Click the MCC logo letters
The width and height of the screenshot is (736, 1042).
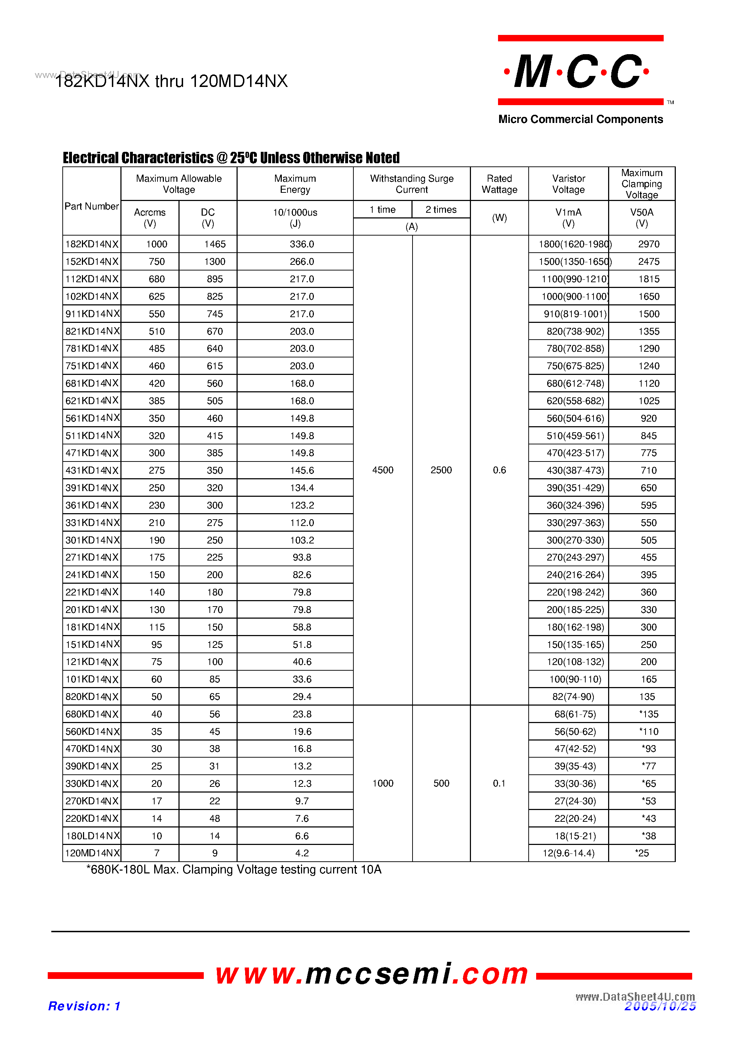pos(579,71)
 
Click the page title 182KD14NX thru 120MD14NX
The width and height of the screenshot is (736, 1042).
pos(171,81)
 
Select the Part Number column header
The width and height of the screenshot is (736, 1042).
pos(91,206)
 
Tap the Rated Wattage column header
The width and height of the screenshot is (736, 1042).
pos(499,184)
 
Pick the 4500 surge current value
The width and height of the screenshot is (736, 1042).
pos(383,470)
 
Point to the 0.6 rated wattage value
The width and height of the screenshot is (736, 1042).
pos(499,470)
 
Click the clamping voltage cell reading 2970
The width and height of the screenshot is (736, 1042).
pos(648,244)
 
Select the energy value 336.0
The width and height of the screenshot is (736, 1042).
pos(302,244)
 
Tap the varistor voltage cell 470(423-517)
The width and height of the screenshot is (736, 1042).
pos(575,453)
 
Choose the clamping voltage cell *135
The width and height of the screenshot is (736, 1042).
pos(648,714)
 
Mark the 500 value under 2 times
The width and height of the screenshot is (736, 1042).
pos(441,783)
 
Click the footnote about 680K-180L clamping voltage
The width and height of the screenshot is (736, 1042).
pos(234,870)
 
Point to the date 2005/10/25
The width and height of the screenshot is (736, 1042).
pos(660,1007)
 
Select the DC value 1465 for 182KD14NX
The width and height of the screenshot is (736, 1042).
pos(214,244)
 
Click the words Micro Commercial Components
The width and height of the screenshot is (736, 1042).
pos(580,119)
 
